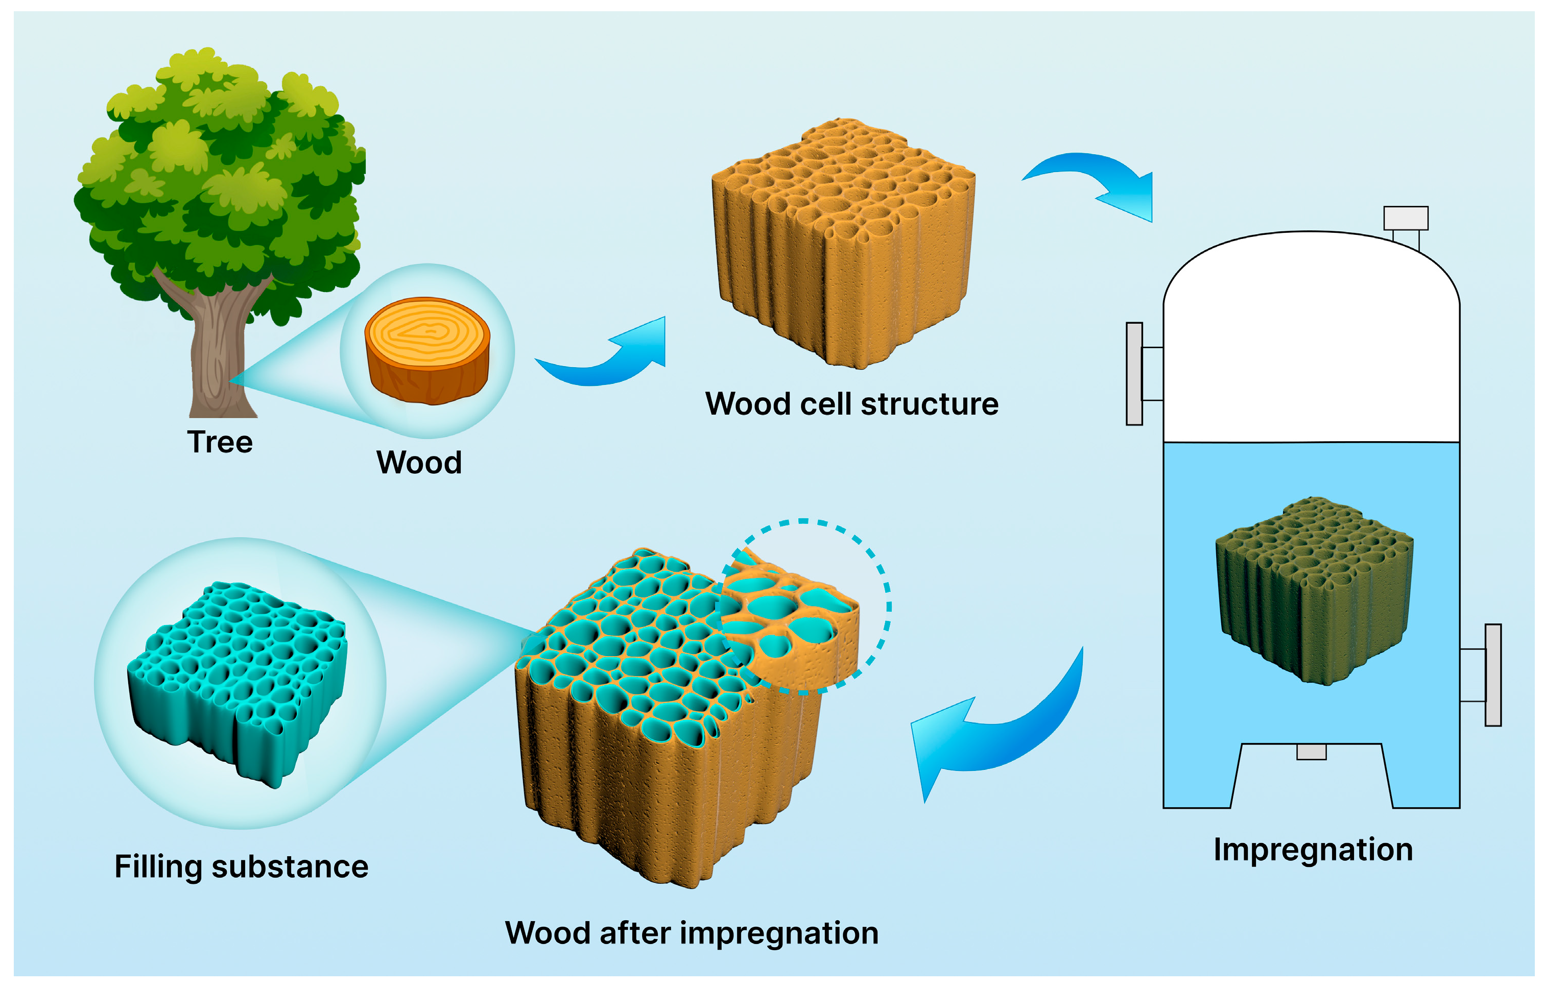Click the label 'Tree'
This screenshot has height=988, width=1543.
220,442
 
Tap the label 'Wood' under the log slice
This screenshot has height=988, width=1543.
418,463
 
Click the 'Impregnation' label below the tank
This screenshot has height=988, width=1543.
1313,850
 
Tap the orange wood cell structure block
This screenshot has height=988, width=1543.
844,244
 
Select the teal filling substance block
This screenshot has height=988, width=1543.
238,680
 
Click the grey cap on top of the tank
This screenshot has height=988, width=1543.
1405,218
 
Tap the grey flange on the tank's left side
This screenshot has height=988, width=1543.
1134,373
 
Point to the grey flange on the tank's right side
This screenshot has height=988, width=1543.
1493,675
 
